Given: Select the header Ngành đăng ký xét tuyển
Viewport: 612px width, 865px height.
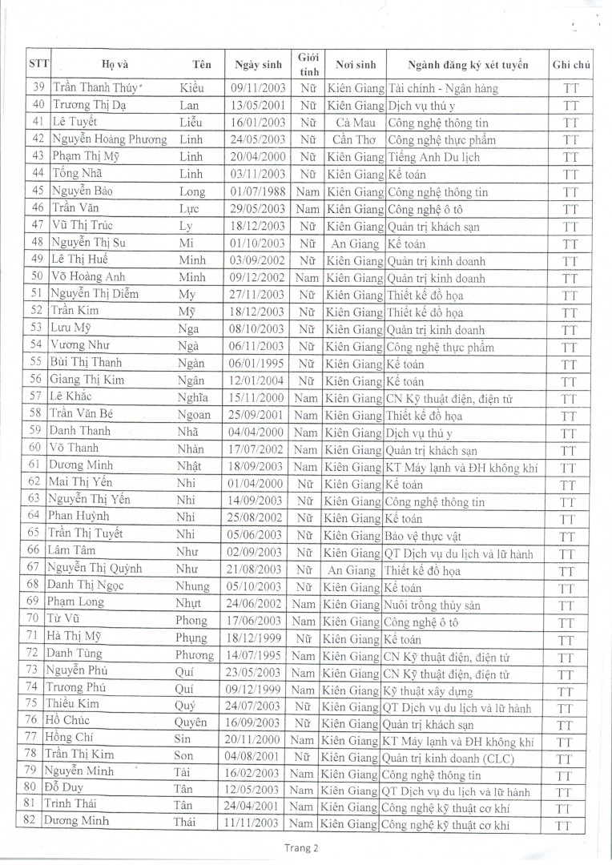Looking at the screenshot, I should point(468,65).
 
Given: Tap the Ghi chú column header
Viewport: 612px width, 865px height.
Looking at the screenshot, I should point(571,65).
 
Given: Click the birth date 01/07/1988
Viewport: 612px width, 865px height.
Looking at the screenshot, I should point(257,192).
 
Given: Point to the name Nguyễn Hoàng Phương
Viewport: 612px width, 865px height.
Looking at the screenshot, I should point(110,139).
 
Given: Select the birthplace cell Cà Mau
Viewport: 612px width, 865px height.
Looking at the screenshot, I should point(355,123).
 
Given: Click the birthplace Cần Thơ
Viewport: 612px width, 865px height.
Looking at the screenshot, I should point(355,140).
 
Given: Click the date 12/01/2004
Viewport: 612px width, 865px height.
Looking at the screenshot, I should point(257,381).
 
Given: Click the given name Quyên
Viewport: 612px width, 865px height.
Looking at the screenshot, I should point(191,724).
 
